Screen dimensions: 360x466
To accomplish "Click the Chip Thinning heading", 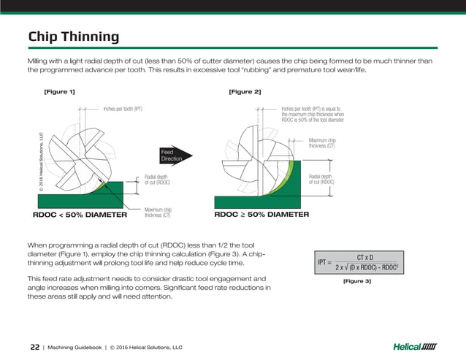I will coord(73,37).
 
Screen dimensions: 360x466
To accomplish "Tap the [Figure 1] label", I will coord(60,91).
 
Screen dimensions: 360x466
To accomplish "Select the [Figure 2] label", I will coord(245,91).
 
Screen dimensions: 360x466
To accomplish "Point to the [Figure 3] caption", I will coord(357,280).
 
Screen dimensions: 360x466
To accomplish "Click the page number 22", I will coord(34,346).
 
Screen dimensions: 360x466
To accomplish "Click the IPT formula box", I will coord(357,261).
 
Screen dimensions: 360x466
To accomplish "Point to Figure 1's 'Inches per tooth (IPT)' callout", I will coord(122,108).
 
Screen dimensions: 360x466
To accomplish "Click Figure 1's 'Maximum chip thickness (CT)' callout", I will coord(158,212).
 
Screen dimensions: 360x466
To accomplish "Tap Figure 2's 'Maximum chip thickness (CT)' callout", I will coord(322,143).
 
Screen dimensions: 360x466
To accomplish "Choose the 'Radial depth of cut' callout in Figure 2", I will coord(322,179).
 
